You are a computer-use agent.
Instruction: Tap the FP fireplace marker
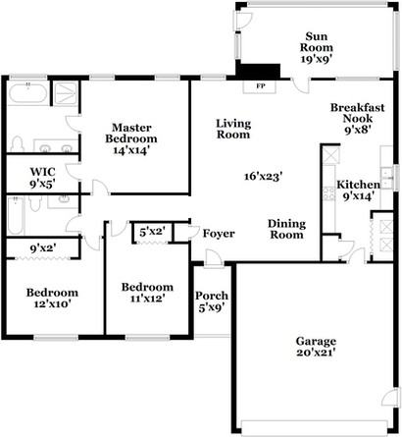(x=261, y=86)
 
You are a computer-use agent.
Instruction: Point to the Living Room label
(x=233, y=129)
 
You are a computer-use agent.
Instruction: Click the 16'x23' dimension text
(x=264, y=177)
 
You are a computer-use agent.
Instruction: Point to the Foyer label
(x=219, y=234)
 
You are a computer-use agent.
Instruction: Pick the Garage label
(x=316, y=343)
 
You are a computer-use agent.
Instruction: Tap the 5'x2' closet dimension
(x=150, y=232)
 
